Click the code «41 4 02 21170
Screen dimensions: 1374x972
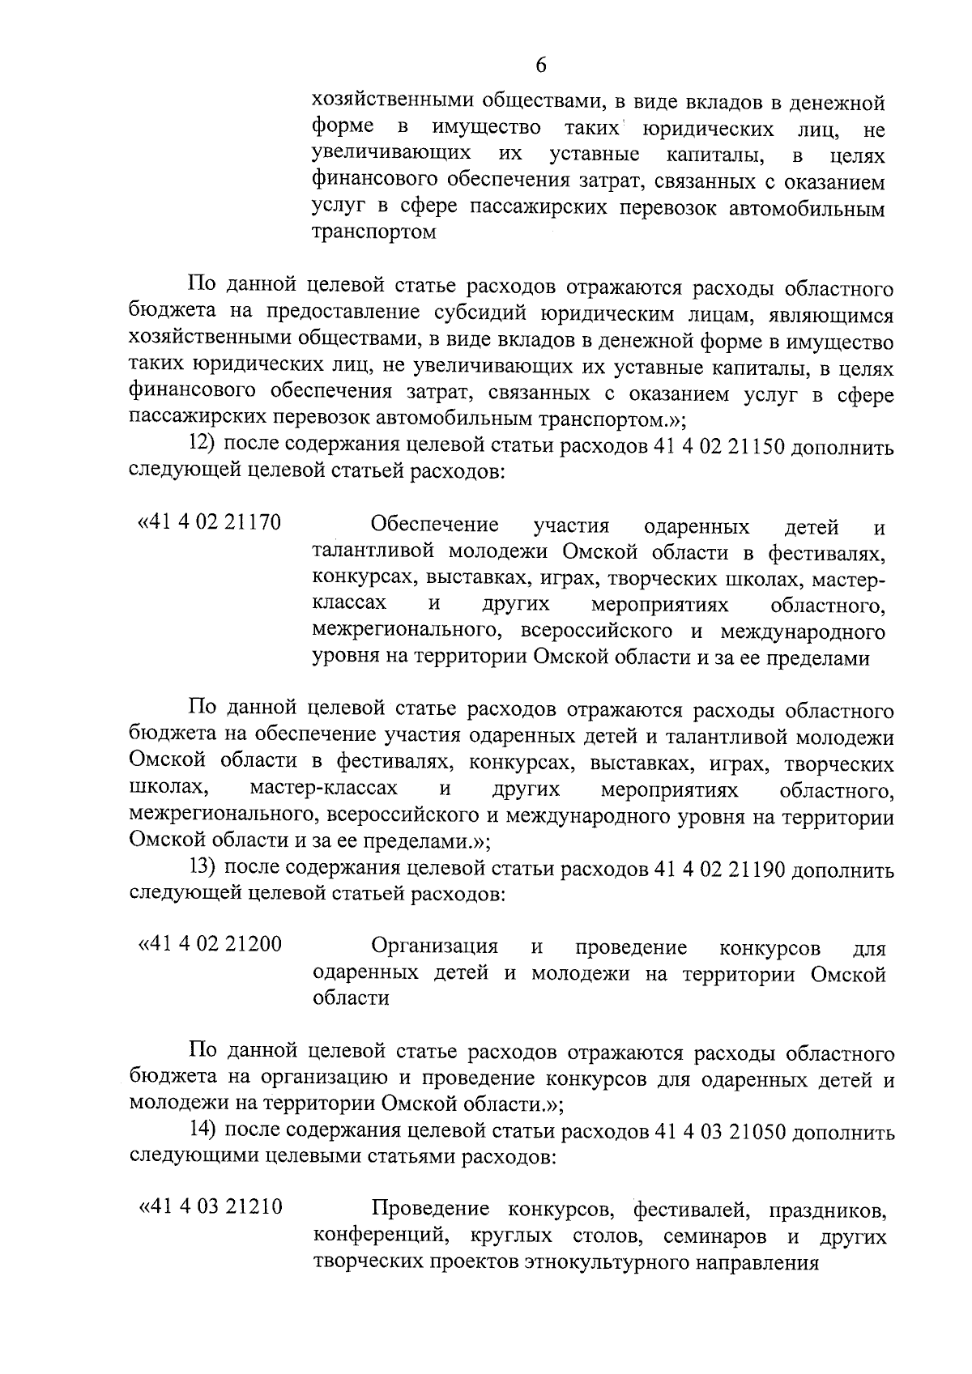[x=210, y=522]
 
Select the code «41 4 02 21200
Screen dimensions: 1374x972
[x=211, y=944]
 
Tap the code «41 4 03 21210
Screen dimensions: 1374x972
[x=211, y=1207]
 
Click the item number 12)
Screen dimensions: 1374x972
[x=202, y=445]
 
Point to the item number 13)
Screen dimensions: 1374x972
[x=202, y=867]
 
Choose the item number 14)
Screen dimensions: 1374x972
[x=202, y=1130]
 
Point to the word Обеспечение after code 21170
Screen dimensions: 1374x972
[x=435, y=525]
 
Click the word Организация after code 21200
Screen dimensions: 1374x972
[x=434, y=946]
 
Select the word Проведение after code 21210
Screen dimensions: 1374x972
[x=430, y=1210]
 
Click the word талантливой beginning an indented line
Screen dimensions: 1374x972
[x=364, y=552]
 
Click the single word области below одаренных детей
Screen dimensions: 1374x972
[x=351, y=998]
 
